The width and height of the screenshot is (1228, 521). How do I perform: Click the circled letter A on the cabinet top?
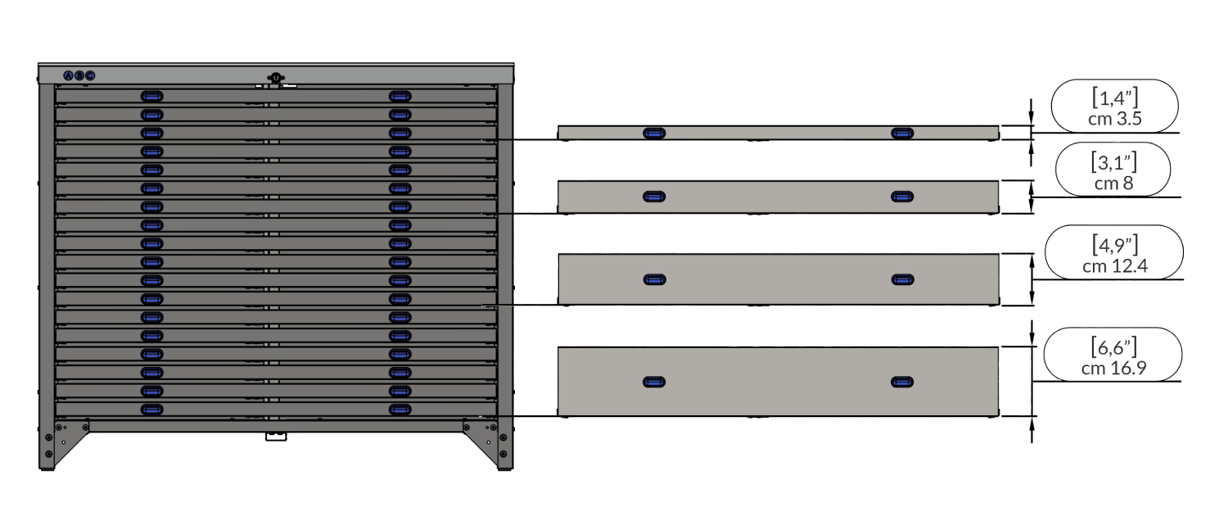(x=69, y=75)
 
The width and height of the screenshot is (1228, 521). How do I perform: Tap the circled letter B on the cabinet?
(x=79, y=75)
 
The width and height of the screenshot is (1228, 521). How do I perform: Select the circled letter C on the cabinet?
(x=90, y=75)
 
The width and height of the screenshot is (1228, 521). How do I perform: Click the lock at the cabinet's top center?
(x=276, y=79)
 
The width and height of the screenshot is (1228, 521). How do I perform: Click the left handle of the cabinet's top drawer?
(x=151, y=96)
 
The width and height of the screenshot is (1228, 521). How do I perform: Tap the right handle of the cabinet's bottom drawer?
(x=400, y=409)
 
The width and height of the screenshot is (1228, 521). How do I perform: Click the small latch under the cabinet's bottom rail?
(x=276, y=438)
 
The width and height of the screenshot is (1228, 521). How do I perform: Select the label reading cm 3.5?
(x=1114, y=118)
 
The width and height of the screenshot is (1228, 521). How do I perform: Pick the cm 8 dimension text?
(x=1113, y=183)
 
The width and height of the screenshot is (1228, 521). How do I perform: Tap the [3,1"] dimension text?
(x=1113, y=163)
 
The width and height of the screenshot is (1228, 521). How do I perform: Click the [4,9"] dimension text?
(x=1114, y=244)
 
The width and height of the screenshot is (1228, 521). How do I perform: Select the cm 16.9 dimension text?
(x=1113, y=369)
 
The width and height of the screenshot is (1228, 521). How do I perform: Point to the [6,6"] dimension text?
(x=1113, y=347)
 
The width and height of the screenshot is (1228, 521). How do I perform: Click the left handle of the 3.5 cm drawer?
(x=654, y=133)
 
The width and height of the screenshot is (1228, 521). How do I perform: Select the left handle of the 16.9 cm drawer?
(x=654, y=382)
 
